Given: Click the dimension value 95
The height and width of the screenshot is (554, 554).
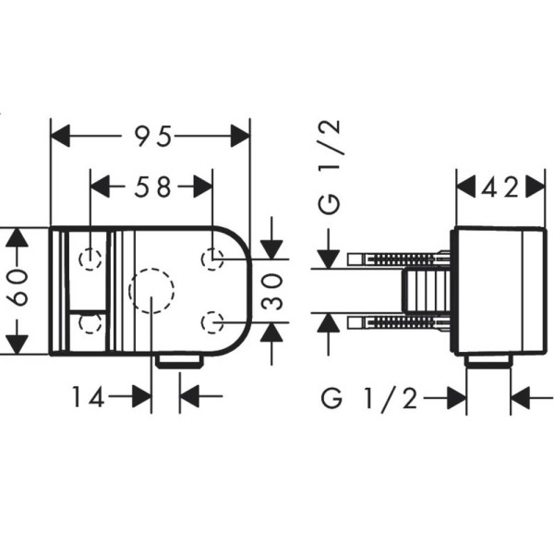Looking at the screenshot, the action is (153, 136).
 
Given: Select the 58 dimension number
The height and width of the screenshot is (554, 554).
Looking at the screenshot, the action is (152, 187).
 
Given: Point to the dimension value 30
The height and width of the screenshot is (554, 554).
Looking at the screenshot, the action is (273, 292).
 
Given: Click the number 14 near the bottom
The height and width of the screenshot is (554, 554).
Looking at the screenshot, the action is (89, 396).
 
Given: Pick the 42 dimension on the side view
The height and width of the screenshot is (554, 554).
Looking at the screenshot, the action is (500, 187).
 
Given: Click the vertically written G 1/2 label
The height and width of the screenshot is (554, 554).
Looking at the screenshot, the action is (330, 167).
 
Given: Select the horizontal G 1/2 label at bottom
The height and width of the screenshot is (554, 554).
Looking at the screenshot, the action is (369, 399).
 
